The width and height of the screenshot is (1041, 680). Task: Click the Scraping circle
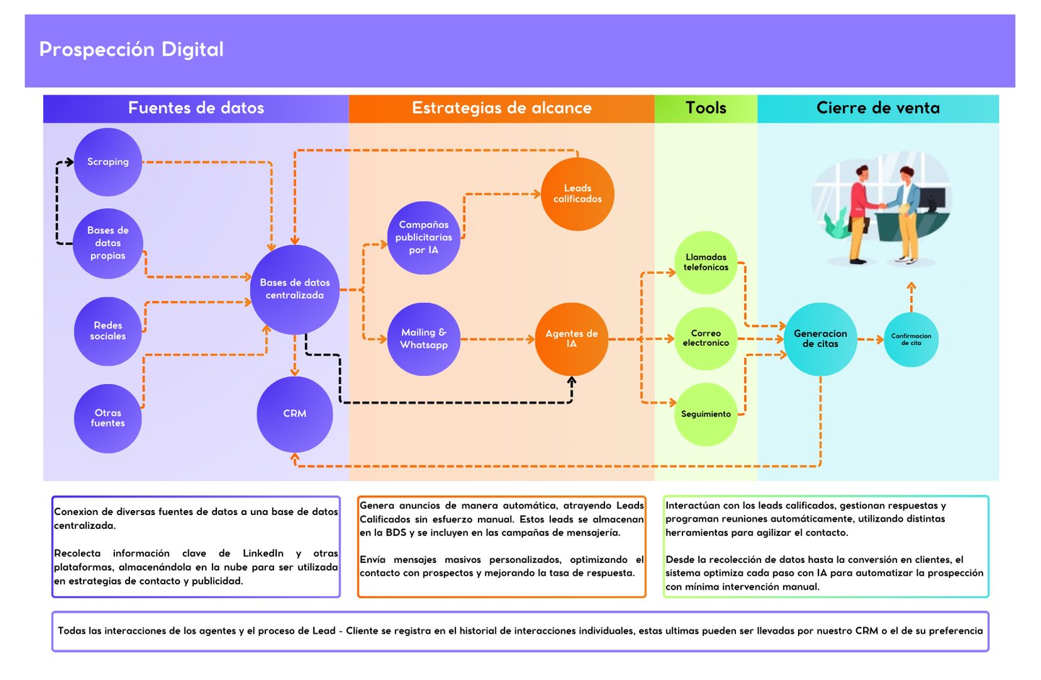point(108,162)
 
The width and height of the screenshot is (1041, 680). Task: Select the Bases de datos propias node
point(108,243)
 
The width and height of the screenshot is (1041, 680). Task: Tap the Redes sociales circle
point(108,331)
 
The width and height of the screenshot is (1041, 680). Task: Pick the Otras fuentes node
point(108,418)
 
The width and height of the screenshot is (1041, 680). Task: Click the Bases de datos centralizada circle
point(295,289)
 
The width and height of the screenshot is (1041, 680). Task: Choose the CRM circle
point(295,414)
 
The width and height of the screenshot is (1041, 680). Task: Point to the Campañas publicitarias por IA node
point(424,237)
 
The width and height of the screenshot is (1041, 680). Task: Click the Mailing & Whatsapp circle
point(424,339)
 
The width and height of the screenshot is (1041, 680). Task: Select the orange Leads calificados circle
point(578,194)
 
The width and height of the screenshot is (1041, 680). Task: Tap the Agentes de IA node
point(571,339)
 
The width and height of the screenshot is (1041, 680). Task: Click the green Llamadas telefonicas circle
point(706,263)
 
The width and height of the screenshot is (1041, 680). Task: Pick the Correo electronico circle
point(706,339)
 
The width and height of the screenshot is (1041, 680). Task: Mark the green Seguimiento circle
point(706,415)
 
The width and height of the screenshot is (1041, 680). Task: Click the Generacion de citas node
point(821,339)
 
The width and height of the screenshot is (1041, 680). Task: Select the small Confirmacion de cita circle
point(911,339)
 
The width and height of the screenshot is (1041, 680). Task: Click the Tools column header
point(706,109)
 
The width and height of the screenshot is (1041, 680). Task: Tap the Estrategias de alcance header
point(502,109)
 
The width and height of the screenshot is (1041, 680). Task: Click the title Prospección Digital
point(132,50)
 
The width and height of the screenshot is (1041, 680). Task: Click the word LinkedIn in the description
point(263,553)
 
